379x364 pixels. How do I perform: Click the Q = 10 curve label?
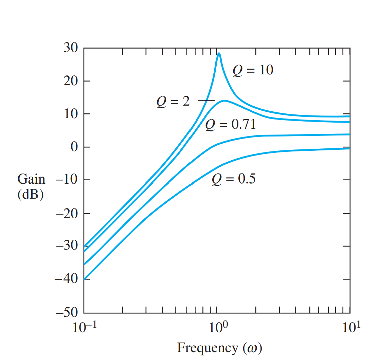click(253, 70)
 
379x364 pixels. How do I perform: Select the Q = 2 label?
click(173, 101)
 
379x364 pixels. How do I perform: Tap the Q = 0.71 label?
click(230, 125)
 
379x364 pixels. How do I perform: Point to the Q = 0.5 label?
click(234, 179)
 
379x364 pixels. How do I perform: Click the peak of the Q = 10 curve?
click(219, 53)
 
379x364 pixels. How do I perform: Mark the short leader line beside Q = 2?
click(206, 101)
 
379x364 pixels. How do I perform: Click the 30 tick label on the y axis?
click(71, 48)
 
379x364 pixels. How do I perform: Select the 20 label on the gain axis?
click(71, 81)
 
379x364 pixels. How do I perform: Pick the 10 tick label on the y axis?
click(71, 114)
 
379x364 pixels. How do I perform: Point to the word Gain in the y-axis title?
click(31, 179)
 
